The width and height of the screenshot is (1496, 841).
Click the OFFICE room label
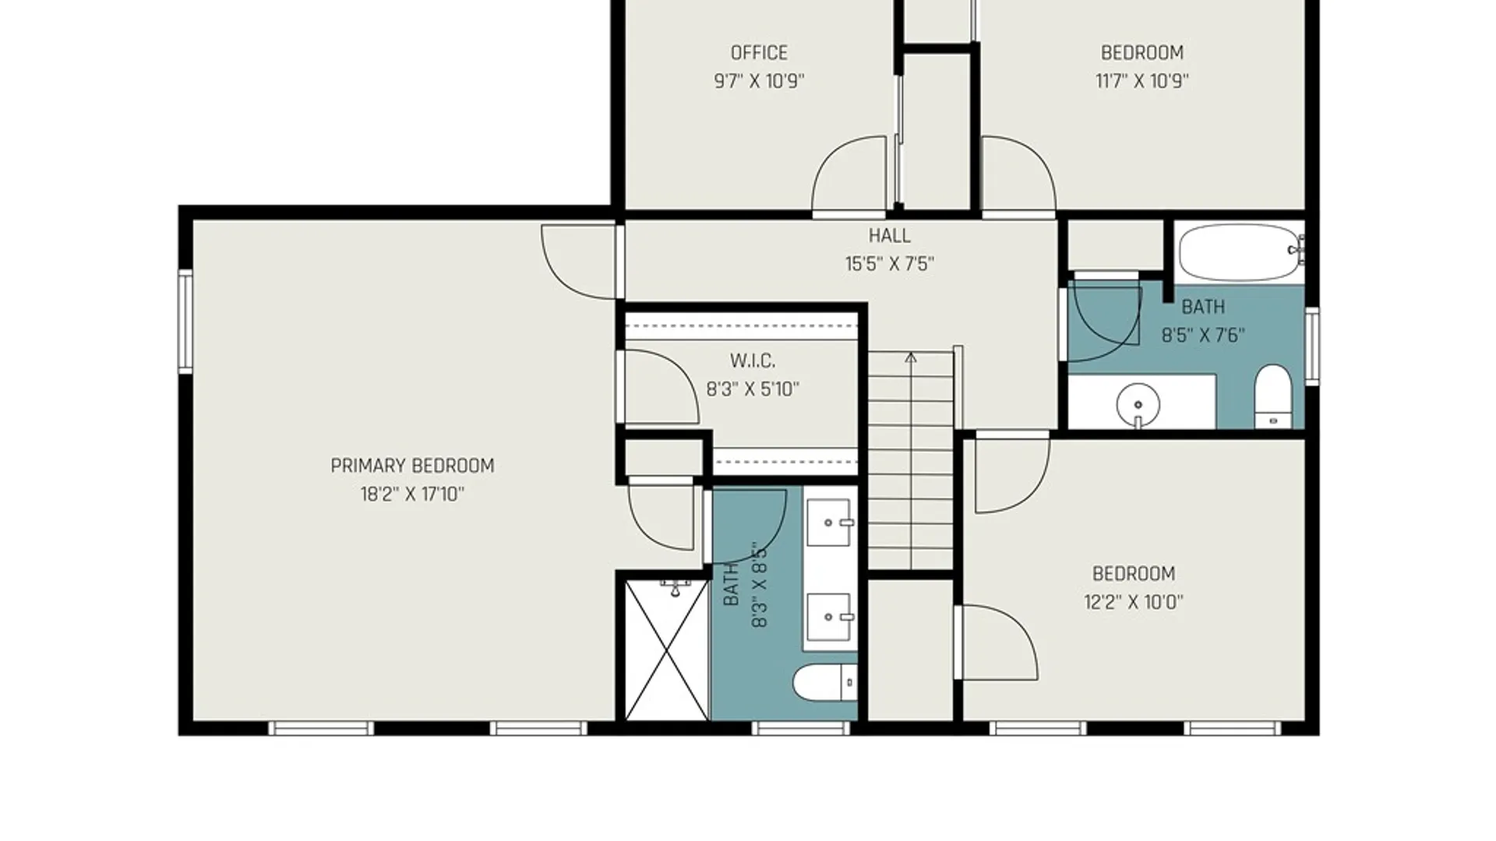coord(759,53)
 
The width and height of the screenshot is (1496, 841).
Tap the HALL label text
coord(889,235)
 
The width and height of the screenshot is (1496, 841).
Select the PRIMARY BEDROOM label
coord(412,466)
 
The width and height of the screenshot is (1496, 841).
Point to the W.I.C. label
coord(752,361)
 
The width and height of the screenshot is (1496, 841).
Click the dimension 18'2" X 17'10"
coord(412,494)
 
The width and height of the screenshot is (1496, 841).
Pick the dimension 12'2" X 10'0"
coord(1134,602)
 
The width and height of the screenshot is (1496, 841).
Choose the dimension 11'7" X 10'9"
coord(1142,81)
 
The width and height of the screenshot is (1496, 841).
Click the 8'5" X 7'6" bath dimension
coord(1203,336)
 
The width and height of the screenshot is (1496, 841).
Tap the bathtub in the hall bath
coord(1240,252)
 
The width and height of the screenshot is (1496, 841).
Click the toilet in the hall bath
coord(1273,396)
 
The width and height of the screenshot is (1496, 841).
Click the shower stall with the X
coord(667,650)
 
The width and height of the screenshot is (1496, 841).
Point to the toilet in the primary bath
coord(825,683)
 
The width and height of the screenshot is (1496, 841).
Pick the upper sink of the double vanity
coord(830,523)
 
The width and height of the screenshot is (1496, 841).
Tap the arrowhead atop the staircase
coord(911,357)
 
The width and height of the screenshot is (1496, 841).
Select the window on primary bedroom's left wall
coord(185,321)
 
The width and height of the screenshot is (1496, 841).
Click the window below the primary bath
coord(801,729)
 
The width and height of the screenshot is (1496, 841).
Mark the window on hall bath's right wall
coord(1312,346)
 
